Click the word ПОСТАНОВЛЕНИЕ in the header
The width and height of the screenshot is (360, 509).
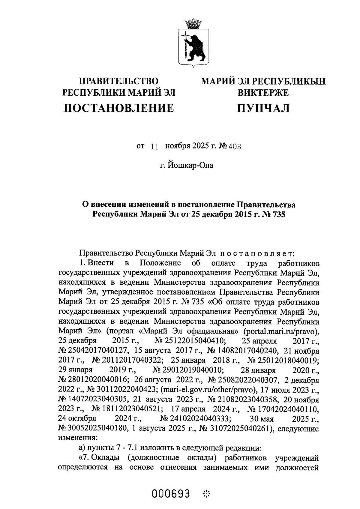coord(119,108)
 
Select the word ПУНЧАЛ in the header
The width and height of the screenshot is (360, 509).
coord(263,108)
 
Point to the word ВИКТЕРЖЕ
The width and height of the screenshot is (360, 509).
coord(263,93)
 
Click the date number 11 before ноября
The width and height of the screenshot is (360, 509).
coord(154,146)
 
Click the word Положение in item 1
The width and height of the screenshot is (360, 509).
coord(160,263)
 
